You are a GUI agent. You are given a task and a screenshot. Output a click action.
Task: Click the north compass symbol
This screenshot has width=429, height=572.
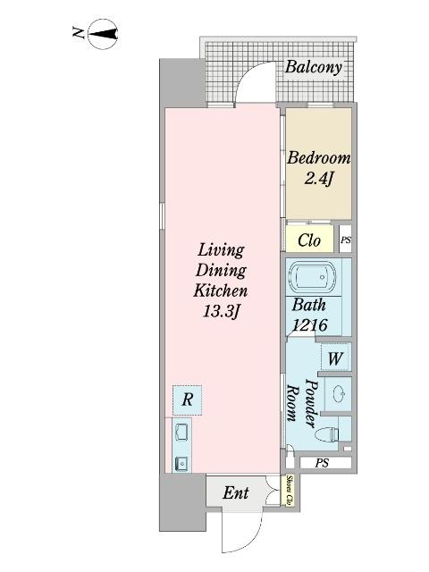(104, 35)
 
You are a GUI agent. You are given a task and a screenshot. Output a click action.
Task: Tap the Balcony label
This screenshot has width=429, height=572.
(314, 67)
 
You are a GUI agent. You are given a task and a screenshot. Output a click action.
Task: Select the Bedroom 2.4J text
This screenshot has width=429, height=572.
(318, 168)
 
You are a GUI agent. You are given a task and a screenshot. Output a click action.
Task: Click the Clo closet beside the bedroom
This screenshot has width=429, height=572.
(309, 240)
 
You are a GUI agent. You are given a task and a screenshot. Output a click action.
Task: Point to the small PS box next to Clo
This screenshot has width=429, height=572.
(346, 240)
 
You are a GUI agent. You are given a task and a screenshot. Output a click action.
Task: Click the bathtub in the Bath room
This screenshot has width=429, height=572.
(312, 277)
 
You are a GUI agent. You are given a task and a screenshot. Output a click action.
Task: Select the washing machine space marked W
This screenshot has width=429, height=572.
(335, 357)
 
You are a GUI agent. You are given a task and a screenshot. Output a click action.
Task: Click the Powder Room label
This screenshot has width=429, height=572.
(301, 403)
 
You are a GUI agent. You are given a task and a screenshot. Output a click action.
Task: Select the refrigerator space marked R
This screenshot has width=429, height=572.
(187, 400)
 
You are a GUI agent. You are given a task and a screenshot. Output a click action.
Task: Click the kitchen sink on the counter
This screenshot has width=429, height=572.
(181, 433)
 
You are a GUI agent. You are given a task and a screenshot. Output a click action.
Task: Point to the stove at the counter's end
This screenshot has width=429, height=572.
(181, 464)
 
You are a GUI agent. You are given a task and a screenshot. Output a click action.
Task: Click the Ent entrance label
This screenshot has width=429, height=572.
(236, 492)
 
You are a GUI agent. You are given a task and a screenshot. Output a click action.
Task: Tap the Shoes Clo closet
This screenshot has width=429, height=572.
(290, 491)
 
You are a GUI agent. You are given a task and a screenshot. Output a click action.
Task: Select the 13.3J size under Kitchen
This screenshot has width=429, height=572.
(221, 311)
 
